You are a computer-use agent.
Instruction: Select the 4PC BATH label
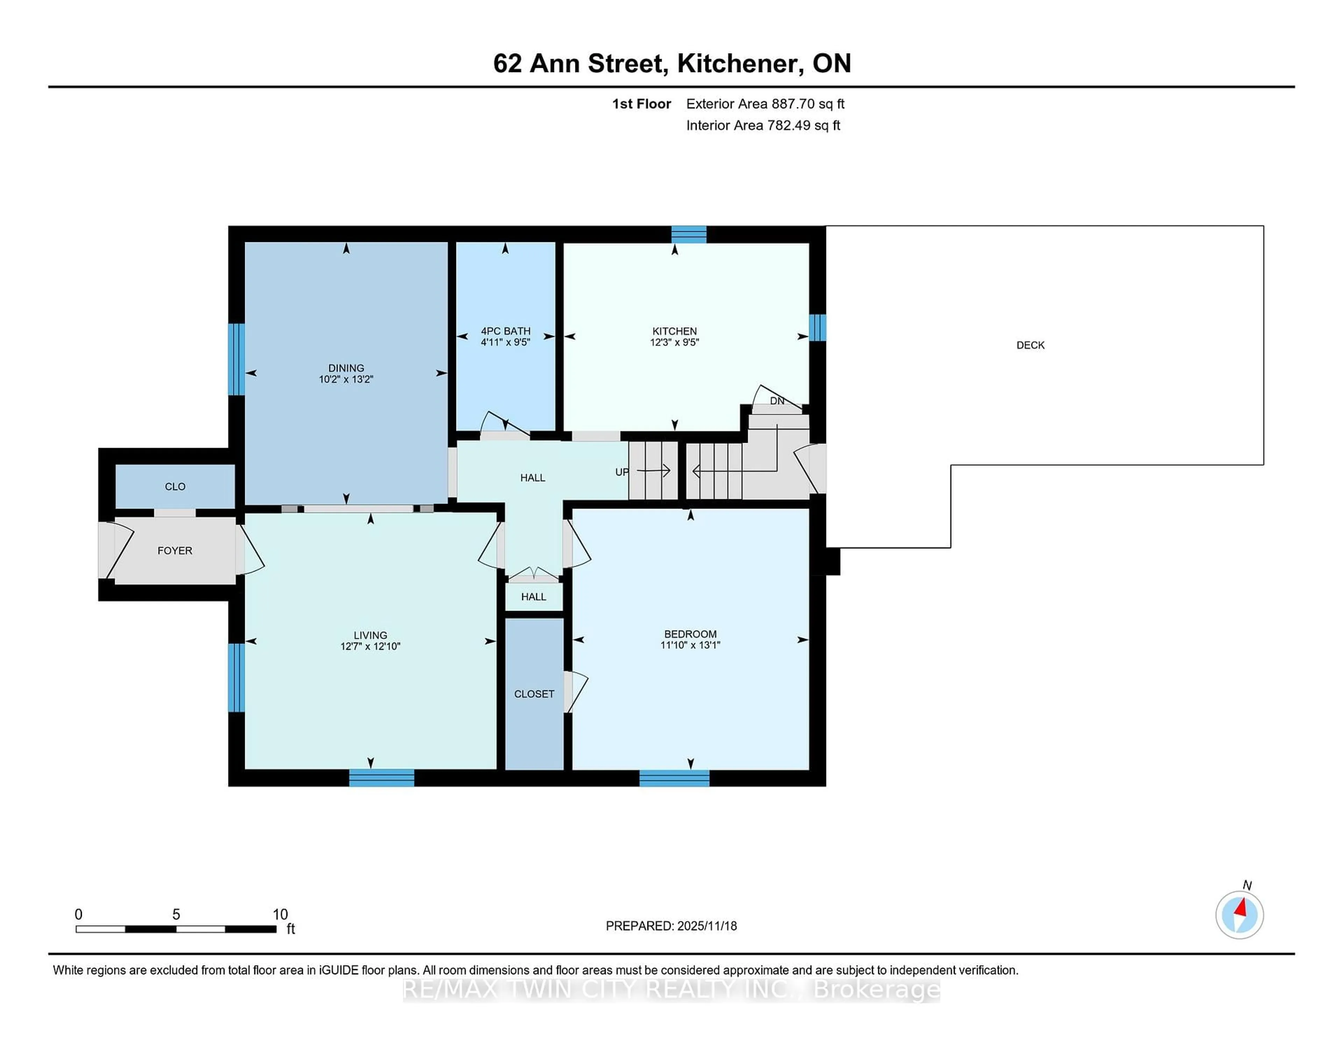pos(505,331)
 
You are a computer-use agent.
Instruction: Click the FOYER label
pos(175,550)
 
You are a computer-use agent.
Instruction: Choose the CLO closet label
pos(175,486)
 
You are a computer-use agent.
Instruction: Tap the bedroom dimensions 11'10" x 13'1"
pos(690,645)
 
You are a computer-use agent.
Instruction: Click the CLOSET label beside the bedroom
pos(534,694)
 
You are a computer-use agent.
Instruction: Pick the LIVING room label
pos(370,635)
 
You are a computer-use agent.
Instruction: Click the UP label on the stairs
pos(622,472)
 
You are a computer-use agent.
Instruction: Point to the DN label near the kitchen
pos(777,401)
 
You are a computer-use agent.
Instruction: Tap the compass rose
pos(1239,915)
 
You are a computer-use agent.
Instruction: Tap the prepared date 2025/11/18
pos(706,925)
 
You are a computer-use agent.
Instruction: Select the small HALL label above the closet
pos(533,597)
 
